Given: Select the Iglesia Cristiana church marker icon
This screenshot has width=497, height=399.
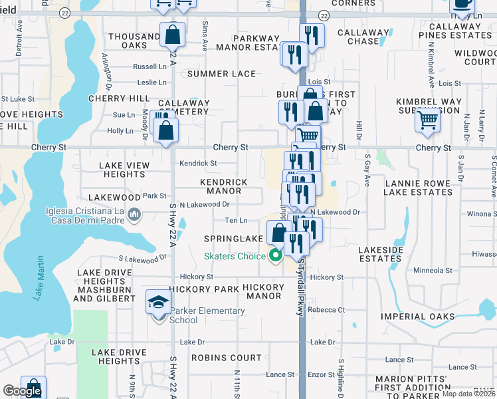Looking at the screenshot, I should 134,214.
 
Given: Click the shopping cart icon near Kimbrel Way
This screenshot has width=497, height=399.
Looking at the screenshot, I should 427,120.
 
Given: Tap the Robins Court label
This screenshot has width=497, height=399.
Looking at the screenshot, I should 227,358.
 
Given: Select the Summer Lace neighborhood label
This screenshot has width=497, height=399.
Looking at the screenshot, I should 221,74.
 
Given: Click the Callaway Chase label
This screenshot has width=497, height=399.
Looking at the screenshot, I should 363,37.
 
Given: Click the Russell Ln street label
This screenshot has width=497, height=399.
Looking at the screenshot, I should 150,66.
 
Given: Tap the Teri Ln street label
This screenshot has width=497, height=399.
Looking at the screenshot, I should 237,220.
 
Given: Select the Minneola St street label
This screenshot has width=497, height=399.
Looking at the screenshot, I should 433,271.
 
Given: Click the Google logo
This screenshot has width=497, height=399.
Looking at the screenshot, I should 22,391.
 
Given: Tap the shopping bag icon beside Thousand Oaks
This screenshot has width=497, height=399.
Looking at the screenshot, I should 172,34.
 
